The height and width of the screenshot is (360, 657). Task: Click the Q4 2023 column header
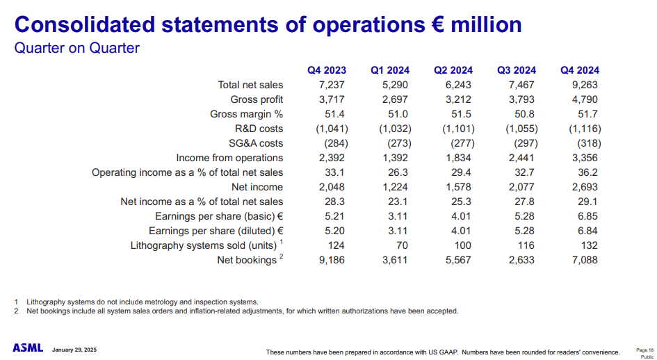click(x=326, y=70)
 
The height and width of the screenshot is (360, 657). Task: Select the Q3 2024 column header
click(x=517, y=70)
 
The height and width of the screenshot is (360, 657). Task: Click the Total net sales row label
click(x=250, y=85)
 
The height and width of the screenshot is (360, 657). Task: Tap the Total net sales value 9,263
click(x=583, y=85)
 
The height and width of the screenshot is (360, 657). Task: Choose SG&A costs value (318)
click(x=584, y=143)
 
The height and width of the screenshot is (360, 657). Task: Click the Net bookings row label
click(x=246, y=261)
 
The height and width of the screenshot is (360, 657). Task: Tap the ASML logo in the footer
click(x=28, y=347)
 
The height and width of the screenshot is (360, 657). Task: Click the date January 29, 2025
click(x=74, y=349)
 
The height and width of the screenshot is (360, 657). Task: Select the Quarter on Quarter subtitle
click(x=77, y=48)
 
